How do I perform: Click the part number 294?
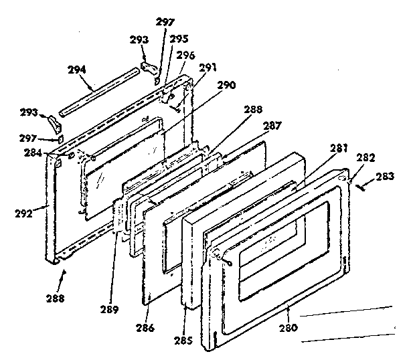point(78,69)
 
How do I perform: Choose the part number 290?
point(227,86)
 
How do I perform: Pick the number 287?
point(272,124)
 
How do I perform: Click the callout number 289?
point(110,309)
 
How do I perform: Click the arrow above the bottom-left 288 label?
point(65,271)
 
